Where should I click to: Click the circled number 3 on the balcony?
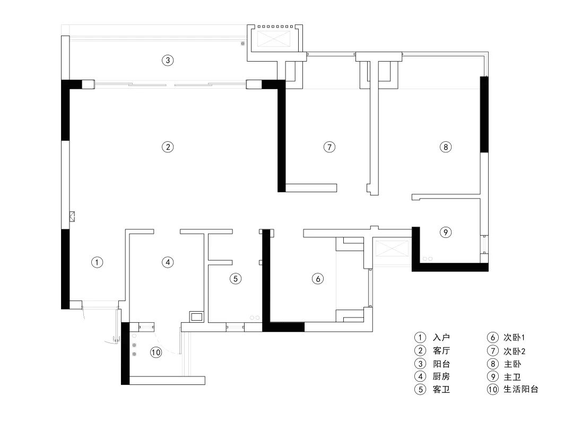(168, 60)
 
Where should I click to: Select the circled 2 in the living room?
(168, 147)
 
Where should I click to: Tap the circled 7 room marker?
(329, 147)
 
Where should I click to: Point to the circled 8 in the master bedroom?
(446, 147)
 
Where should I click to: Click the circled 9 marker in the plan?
(446, 232)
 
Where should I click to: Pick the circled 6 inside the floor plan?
(317, 278)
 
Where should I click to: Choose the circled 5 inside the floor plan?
(236, 278)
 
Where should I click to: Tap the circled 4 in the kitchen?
(168, 262)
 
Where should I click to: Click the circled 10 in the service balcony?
(155, 352)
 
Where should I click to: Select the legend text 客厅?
(441, 351)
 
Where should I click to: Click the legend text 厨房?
(441, 376)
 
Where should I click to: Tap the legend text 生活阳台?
(520, 389)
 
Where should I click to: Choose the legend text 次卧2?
(514, 351)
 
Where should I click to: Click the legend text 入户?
(441, 338)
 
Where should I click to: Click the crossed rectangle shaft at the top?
(275, 39)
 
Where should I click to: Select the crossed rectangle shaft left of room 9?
(392, 248)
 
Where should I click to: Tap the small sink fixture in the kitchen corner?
(196, 318)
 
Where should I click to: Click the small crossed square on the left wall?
(72, 216)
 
